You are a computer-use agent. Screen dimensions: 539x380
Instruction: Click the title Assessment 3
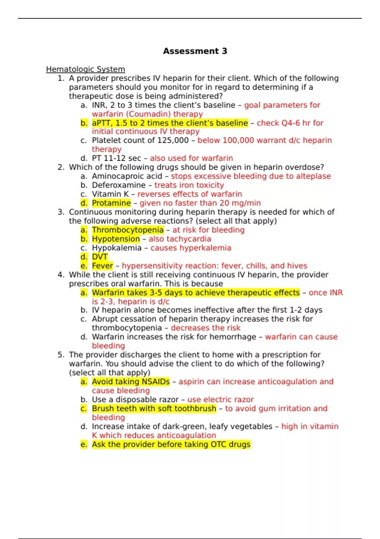(x=195, y=51)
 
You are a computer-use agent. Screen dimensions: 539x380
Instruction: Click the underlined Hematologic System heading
(x=85, y=69)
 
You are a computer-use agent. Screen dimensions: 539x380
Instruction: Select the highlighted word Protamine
(x=111, y=203)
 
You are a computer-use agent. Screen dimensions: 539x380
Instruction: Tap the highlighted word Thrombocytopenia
(x=128, y=230)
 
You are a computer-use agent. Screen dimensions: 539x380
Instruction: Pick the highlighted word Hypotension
(x=116, y=239)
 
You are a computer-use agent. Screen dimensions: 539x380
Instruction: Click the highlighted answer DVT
(x=100, y=257)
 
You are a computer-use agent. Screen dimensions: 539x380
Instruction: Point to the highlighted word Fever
(x=102, y=266)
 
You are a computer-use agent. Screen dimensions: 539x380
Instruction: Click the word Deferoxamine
(x=119, y=185)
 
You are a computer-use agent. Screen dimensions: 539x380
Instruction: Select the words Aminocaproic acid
(x=127, y=176)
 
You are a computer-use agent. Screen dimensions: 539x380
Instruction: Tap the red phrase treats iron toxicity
(x=189, y=185)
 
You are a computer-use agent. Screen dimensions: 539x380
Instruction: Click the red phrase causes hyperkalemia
(x=191, y=248)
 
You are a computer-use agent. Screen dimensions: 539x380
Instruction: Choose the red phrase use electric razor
(x=220, y=399)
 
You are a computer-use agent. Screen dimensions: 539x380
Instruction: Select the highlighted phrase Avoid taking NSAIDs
(x=131, y=382)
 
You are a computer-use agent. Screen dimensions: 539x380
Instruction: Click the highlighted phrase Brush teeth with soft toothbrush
(x=154, y=408)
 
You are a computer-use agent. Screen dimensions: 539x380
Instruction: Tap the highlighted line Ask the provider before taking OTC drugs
(x=171, y=445)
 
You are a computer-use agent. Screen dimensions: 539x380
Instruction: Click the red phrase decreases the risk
(x=206, y=328)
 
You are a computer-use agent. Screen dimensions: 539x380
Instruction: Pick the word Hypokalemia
(x=117, y=248)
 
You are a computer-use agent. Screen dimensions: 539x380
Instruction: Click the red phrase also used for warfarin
(x=191, y=158)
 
